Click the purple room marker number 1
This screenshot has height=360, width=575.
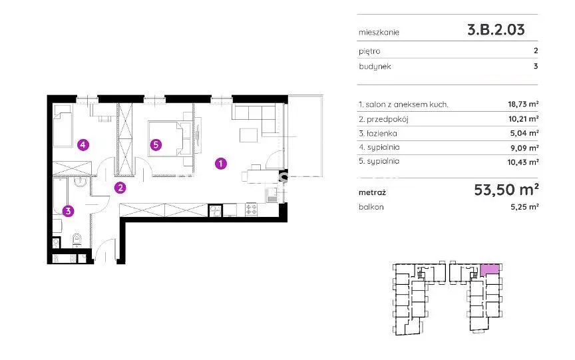click(x=220, y=163)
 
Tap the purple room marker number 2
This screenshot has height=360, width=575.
click(x=120, y=188)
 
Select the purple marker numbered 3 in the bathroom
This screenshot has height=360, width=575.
click(x=68, y=211)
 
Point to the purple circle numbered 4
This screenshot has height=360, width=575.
click(x=83, y=145)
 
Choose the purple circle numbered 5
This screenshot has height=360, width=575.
click(x=156, y=145)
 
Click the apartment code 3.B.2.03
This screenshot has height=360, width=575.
click(x=496, y=30)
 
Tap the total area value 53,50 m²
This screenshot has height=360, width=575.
click(x=506, y=190)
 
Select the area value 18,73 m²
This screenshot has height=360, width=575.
click(x=523, y=104)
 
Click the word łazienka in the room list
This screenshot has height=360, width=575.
click(x=382, y=134)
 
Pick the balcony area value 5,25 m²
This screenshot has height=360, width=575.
click(x=524, y=207)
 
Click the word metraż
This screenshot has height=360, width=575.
click(x=372, y=192)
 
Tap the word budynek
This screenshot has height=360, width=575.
click(x=375, y=67)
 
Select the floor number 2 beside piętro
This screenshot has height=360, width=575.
click(x=536, y=51)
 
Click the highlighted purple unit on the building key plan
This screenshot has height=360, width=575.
click(x=490, y=270)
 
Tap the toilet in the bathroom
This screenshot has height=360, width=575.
click(x=77, y=240)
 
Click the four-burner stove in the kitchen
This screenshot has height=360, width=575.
click(x=251, y=210)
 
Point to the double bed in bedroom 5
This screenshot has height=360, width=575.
click(x=170, y=138)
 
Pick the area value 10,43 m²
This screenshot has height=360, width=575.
click(x=523, y=162)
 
